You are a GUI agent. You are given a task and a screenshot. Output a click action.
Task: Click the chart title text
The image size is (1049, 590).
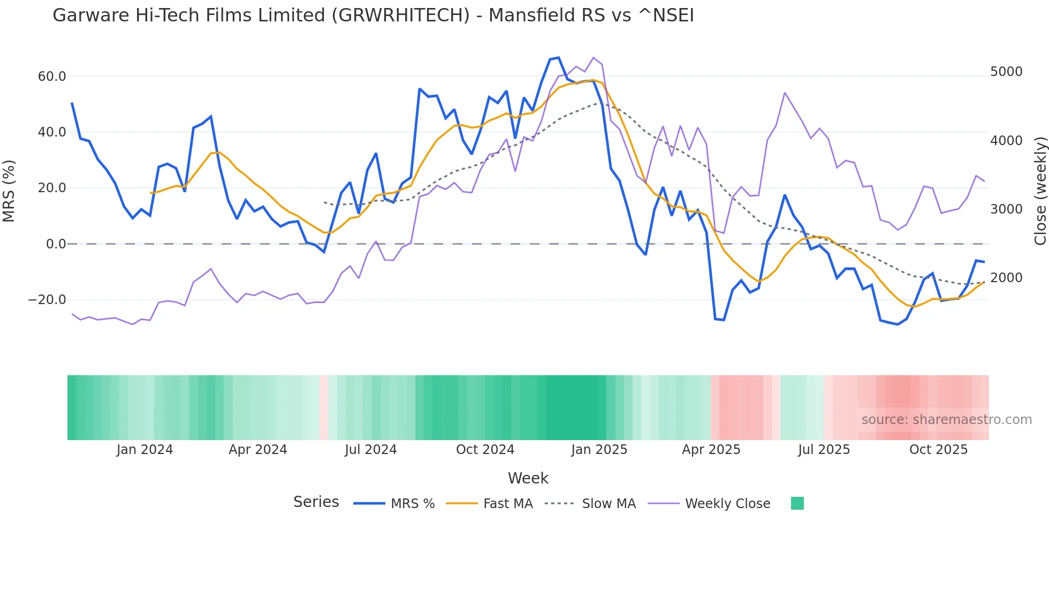(373, 16)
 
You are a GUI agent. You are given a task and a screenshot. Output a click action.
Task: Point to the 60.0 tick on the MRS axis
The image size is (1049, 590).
(52, 77)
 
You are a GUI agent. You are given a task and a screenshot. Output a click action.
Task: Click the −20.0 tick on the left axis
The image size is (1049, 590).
(47, 300)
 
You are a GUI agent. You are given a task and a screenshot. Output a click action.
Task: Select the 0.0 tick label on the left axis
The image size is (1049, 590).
(56, 244)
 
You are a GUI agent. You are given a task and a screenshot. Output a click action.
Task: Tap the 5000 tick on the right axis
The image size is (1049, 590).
(1006, 72)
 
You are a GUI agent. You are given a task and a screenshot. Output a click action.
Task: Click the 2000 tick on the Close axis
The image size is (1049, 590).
(1006, 278)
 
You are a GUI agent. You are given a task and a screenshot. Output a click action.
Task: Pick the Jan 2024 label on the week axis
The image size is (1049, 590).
(145, 450)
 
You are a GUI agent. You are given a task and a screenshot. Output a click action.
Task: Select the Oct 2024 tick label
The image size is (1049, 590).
(485, 450)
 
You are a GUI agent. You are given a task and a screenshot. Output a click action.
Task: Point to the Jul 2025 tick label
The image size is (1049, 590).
(824, 450)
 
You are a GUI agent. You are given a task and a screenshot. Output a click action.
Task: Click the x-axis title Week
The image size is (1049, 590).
(528, 478)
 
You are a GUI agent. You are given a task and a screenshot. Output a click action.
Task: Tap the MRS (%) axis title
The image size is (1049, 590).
(9, 191)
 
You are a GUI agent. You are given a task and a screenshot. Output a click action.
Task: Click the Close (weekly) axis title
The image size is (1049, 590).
(1040, 191)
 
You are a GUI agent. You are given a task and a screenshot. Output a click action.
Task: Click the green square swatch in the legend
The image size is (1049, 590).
(797, 503)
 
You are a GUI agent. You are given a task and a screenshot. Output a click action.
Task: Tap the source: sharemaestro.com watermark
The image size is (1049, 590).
(946, 420)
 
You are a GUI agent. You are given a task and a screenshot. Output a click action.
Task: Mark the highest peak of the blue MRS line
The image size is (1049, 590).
(558, 58)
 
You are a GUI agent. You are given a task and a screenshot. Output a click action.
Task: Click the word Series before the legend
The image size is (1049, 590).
(316, 502)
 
